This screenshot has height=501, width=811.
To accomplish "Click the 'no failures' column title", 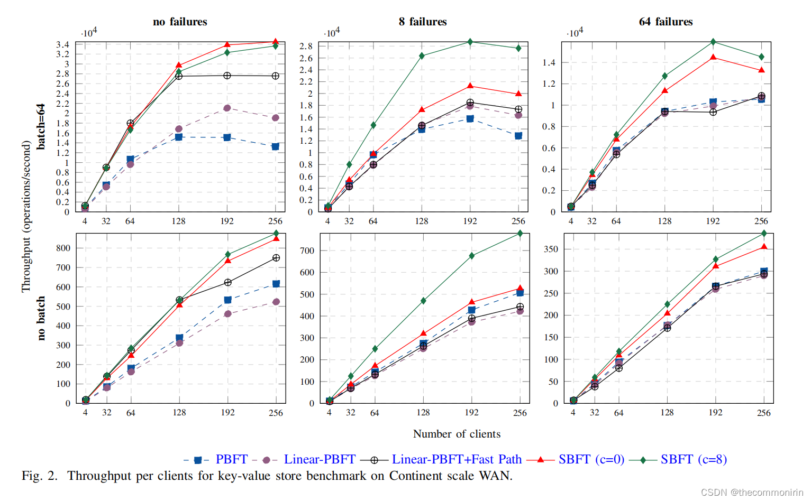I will [x=180, y=22].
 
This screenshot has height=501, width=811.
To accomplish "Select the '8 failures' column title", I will [x=423, y=22].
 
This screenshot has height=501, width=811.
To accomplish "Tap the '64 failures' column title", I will [x=666, y=22].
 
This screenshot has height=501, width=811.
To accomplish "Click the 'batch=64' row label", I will [x=41, y=127].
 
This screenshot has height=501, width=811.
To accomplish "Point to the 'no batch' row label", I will [x=41, y=318].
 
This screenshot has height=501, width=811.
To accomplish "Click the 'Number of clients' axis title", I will [x=457, y=434].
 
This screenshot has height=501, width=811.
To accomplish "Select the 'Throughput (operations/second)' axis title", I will [x=26, y=217].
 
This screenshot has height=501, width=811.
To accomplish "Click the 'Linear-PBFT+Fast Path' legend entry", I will [x=456, y=459].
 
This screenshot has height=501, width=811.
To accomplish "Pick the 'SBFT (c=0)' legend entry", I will [x=591, y=459].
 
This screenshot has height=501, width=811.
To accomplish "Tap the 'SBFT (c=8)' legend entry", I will [x=693, y=459].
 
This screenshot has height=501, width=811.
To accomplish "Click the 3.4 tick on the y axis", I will [x=63, y=44].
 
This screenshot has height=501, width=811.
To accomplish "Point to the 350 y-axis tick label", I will [x=551, y=249].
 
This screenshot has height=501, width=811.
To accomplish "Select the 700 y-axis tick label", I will [x=307, y=251].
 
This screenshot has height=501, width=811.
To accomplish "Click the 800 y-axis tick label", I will [x=63, y=248].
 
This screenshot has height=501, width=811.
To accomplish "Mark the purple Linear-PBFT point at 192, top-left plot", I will [x=227, y=108].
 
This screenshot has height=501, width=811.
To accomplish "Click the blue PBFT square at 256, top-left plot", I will [x=275, y=146].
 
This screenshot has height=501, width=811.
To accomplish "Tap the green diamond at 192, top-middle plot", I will [x=470, y=42].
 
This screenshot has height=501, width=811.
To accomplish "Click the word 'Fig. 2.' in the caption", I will [x=40, y=476].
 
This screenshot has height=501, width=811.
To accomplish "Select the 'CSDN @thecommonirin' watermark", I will [x=752, y=492].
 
